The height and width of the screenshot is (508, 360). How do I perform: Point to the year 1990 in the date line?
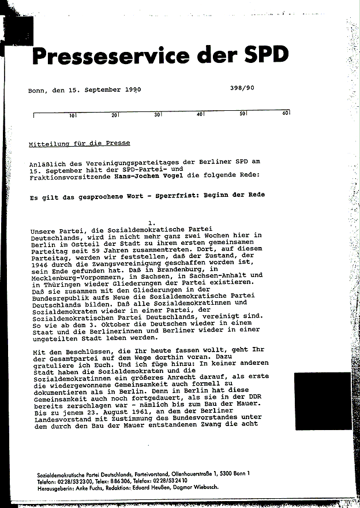[132, 90]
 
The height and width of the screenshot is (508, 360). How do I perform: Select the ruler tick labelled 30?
[157, 115]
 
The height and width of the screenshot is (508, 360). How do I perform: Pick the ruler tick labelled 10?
[72, 115]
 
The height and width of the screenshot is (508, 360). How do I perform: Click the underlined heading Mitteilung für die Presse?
[80, 143]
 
